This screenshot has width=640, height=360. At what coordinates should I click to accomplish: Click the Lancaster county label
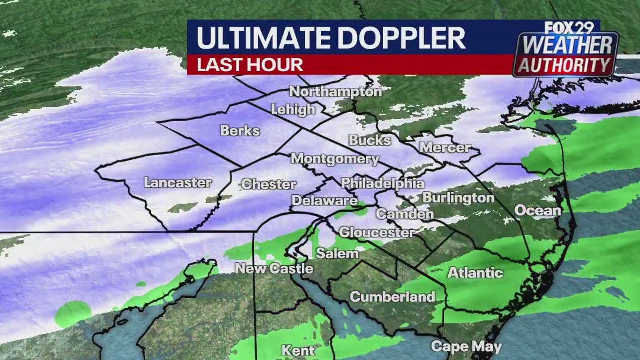(178, 183)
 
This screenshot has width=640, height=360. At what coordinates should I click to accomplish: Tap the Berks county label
(240, 130)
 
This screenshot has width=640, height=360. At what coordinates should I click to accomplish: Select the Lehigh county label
(293, 110)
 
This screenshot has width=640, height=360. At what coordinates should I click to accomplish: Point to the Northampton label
(336, 92)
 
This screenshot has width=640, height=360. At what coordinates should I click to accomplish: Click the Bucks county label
(370, 140)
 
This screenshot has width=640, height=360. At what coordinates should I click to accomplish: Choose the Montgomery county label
(335, 159)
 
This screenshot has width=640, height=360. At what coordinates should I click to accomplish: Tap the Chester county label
(269, 184)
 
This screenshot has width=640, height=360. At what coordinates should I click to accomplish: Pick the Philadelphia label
(382, 183)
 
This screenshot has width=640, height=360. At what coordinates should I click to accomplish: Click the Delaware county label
(324, 201)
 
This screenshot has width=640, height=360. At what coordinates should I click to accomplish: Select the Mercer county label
(445, 147)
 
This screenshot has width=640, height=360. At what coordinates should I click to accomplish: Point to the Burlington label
(459, 198)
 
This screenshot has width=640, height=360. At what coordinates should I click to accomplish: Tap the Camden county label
(405, 214)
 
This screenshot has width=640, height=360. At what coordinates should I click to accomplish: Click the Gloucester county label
(377, 232)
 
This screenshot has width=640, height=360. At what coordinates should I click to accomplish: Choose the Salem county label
(337, 253)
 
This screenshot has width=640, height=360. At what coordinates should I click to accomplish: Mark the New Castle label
(274, 268)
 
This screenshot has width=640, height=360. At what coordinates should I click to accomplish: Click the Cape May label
(466, 346)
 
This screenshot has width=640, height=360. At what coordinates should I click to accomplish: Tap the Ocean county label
(538, 210)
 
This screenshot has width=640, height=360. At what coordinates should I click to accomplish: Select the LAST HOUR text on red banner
(250, 65)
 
